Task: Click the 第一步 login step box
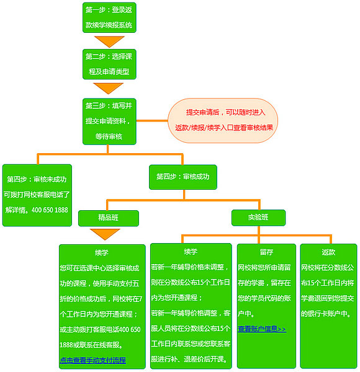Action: pos(109,18)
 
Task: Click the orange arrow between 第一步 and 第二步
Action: pos(109,42)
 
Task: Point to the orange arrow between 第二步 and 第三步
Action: pos(109,87)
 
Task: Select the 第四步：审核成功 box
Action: pos(183,177)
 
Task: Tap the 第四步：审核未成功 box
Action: pos(37,194)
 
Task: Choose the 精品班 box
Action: pos(108,218)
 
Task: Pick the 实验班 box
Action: pos(258,218)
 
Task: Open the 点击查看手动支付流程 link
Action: pos(93,360)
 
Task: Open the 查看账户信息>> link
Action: pos(262,329)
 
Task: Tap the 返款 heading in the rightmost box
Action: pos(328,252)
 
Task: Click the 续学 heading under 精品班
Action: pos(102,253)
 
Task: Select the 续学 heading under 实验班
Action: pos(191,252)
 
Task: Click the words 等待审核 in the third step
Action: pos(109,136)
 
